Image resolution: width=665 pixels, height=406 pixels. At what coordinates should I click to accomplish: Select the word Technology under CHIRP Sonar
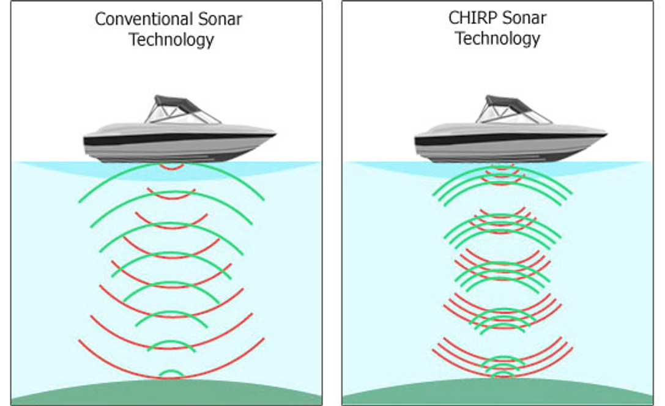click(497, 39)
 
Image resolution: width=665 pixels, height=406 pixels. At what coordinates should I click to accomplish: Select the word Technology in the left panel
click(171, 40)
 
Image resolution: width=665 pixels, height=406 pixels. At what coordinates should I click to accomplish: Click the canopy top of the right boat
click(508, 100)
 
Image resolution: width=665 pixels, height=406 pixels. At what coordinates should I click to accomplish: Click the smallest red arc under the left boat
click(171, 167)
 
